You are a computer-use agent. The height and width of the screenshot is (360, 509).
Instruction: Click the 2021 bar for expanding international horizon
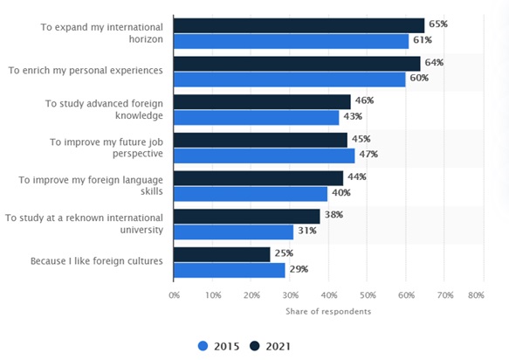(299, 25)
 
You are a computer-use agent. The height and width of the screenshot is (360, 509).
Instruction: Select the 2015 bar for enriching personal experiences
(290, 80)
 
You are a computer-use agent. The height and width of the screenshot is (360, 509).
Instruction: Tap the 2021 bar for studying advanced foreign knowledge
(262, 101)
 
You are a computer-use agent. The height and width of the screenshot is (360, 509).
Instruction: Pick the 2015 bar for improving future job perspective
(265, 156)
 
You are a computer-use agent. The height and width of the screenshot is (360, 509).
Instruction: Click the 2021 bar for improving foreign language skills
(258, 178)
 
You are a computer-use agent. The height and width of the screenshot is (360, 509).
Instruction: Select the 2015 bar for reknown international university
(234, 232)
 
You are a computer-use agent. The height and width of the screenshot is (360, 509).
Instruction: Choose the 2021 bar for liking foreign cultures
(222, 254)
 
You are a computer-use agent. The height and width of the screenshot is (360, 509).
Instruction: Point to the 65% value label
(437, 24)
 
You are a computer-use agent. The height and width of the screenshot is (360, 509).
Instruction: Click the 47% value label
(368, 155)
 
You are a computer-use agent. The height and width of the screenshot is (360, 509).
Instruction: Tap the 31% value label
(307, 232)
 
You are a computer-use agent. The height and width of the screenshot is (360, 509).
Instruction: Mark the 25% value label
(283, 254)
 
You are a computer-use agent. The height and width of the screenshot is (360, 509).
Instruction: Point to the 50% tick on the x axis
(368, 295)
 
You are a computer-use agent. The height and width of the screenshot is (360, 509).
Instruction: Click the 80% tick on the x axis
(477, 295)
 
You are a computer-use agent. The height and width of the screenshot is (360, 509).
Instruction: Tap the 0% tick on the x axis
(175, 295)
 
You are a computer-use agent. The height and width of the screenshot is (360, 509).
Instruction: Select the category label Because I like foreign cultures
(95, 261)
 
